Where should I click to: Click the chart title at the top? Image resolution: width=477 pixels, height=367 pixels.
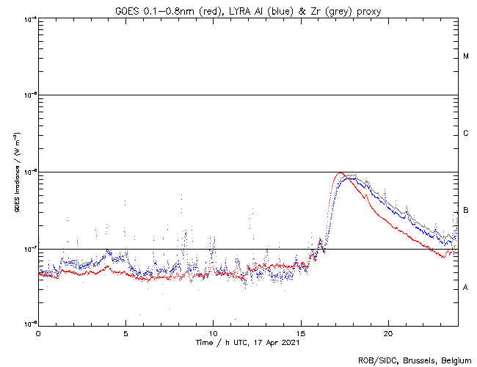tap(247, 10)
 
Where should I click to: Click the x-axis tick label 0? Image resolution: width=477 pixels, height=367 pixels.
tap(38, 333)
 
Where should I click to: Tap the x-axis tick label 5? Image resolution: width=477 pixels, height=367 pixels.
tap(125, 333)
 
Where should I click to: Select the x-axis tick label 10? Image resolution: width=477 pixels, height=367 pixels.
tap(213, 333)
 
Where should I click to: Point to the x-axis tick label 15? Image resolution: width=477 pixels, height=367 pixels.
tap(301, 333)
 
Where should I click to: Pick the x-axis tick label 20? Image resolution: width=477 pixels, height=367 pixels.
tap(388, 333)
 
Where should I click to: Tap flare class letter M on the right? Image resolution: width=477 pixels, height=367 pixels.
tap(466, 57)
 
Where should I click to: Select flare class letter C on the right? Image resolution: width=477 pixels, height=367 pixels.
tap(466, 134)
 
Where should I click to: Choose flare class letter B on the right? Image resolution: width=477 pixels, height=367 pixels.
tap(466, 211)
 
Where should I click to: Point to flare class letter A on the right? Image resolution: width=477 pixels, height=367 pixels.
tap(466, 288)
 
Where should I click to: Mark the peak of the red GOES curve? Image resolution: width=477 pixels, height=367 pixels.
tap(339, 173)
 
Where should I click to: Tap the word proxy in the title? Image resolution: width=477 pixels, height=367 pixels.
tap(364, 10)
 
